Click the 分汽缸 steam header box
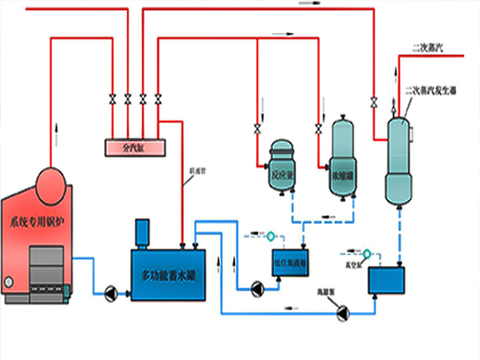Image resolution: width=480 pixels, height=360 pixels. pyautogui.click(x=136, y=147)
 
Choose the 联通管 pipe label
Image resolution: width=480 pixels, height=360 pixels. pyautogui.click(x=194, y=170)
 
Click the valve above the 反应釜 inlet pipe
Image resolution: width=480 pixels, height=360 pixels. pyautogui.click(x=258, y=128)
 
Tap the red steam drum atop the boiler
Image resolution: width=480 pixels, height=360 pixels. pyautogui.click(x=51, y=177)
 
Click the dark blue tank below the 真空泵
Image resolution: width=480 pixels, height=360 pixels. pyautogui.click(x=386, y=279)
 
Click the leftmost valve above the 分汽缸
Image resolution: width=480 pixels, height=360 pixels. pyautogui.click(x=111, y=99)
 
